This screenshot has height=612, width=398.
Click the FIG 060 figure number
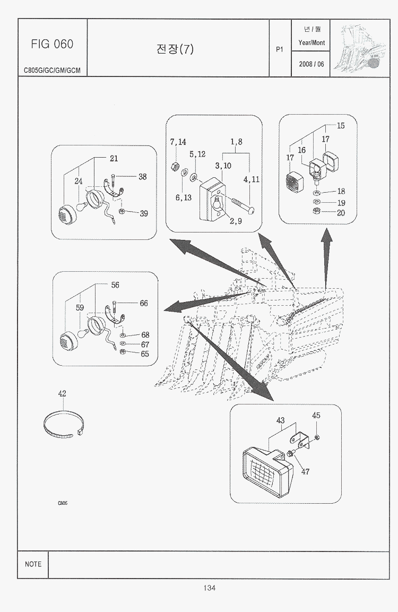pyautogui.click(x=52, y=44)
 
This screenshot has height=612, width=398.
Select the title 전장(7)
pyautogui.click(x=175, y=49)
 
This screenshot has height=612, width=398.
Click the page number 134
pyautogui.click(x=209, y=588)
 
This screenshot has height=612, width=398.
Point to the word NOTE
pyautogui.click(x=33, y=564)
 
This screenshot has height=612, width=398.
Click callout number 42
pyautogui.click(x=62, y=394)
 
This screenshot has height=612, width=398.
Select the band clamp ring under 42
pyautogui.click(x=64, y=424)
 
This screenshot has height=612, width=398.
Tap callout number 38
pyautogui.click(x=143, y=177)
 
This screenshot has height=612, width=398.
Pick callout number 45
pyautogui.click(x=316, y=416)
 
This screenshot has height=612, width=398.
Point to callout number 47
pyautogui.click(x=305, y=471)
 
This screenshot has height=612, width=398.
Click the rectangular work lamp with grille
pyautogui.click(x=268, y=469)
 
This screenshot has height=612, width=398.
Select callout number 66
pyautogui.click(x=144, y=304)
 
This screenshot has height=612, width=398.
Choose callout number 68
pyautogui.click(x=145, y=335)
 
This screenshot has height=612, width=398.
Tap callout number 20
pyautogui.click(x=341, y=213)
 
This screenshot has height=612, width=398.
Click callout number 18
pyautogui.click(x=341, y=192)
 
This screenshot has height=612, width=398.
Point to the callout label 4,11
pyautogui.click(x=252, y=179)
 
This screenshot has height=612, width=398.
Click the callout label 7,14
pyautogui.click(x=178, y=142)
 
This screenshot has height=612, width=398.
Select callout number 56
pyautogui.click(x=115, y=285)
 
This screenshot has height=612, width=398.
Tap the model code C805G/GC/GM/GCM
pyautogui.click(x=52, y=70)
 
